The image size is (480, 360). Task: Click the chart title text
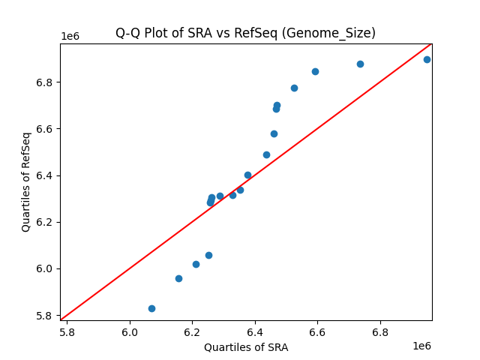click(x=245, y=33)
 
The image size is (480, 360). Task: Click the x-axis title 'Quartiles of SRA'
click(x=246, y=347)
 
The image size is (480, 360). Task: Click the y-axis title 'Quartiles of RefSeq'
click(x=26, y=181)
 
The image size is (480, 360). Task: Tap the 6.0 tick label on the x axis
click(x=130, y=331)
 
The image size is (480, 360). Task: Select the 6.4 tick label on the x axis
click(x=255, y=331)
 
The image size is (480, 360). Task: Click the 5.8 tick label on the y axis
click(x=46, y=316)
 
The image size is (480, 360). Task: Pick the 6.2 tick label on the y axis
click(x=46, y=222)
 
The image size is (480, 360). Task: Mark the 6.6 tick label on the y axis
click(x=46, y=129)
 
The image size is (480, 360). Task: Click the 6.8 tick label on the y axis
click(x=46, y=82)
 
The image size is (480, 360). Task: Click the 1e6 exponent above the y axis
click(x=70, y=36)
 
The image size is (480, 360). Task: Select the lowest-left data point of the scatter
click(x=151, y=308)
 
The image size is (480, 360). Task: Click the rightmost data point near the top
click(x=427, y=59)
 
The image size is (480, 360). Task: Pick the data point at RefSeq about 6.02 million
click(x=196, y=264)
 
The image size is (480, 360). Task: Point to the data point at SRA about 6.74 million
click(x=360, y=64)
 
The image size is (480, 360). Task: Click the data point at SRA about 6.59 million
click(x=315, y=71)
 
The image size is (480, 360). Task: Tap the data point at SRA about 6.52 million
click(x=294, y=88)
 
